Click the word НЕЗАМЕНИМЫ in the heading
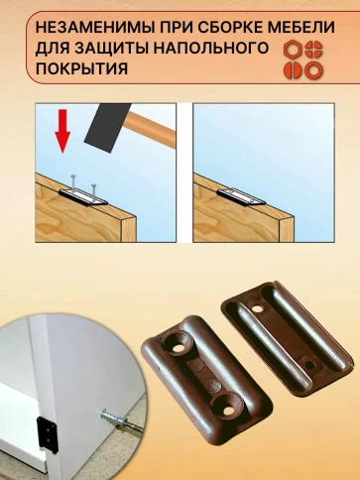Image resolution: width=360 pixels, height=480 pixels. coord(95,27)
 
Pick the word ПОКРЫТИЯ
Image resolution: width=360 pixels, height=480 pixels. coord(81,69)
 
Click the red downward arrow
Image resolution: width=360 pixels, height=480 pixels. coord(62,131)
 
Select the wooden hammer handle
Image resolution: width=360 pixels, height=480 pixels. coord(151,127)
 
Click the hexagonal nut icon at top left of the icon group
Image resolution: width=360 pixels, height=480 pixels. coord(293,50)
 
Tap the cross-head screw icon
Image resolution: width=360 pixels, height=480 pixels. coord(313,50)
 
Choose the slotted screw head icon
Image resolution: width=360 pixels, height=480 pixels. coord(293,70)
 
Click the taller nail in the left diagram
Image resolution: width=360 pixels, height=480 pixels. coord(73,183)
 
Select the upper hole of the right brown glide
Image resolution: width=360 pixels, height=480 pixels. coord(257,308)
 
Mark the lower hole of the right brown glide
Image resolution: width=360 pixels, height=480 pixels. coord(310,365)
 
